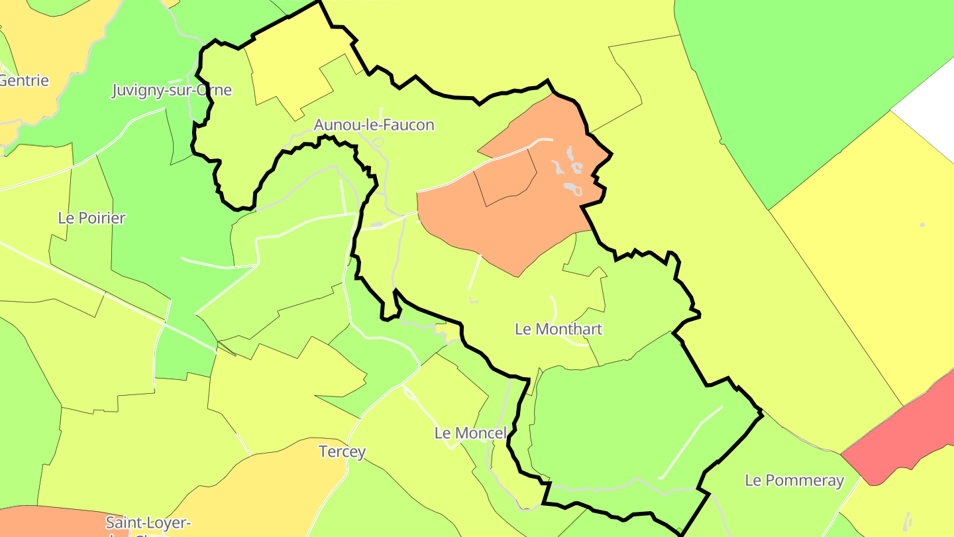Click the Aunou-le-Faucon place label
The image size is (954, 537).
tap(374, 125)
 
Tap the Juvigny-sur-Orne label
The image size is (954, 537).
tap(172, 90)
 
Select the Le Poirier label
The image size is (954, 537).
tap(91, 217)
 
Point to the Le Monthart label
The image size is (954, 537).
tap(558, 329)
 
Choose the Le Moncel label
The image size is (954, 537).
tap(470, 433)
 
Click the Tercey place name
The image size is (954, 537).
tap(342, 451)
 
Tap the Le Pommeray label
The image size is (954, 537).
tap(794, 480)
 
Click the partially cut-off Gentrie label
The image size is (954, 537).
tap(24, 81)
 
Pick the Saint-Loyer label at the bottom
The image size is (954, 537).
tap(148, 523)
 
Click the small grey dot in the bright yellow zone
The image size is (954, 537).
tap(922, 225)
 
